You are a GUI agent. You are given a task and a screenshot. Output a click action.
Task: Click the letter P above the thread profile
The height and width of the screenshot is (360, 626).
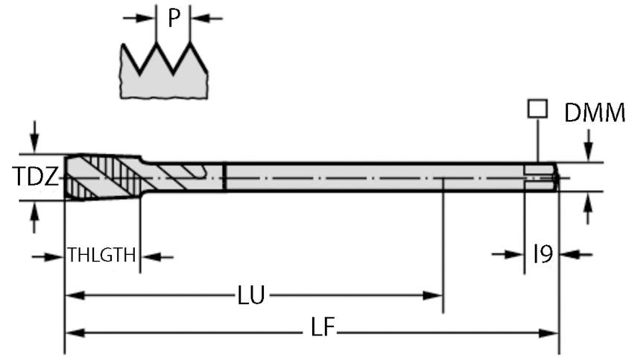pos(174,17)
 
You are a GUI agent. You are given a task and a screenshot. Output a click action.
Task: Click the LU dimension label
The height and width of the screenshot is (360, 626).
pos(250,296)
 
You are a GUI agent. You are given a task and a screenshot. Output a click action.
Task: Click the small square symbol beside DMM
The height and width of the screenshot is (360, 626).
pos(535,110)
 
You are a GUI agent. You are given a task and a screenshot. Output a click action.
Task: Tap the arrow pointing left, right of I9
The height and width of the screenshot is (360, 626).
pos(574,255)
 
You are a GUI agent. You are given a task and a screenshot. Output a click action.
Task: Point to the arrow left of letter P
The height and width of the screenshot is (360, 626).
pos(138,18)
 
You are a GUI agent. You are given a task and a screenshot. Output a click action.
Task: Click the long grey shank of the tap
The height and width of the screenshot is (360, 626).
pos(373,177)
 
